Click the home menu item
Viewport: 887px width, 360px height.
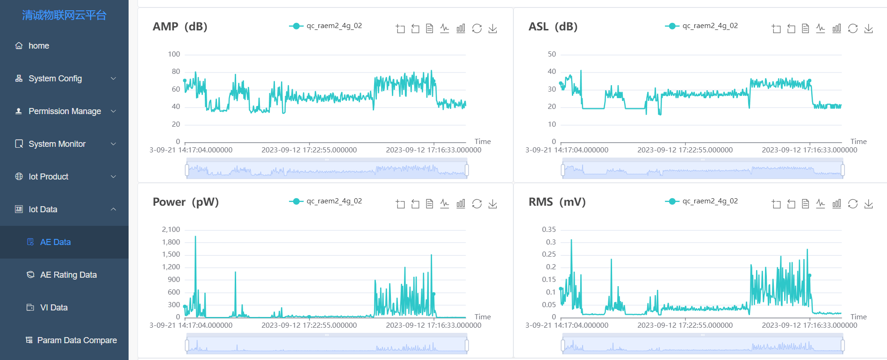pos(38,46)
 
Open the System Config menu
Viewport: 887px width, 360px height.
pos(55,79)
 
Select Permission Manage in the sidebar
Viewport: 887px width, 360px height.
pos(65,111)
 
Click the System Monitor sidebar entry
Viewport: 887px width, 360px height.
pos(57,144)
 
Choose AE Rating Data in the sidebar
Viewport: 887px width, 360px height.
pos(68,275)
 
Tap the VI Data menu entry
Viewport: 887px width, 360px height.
pos(54,308)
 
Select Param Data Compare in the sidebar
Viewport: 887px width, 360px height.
pos(77,340)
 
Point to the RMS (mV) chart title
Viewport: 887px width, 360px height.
pos(557,202)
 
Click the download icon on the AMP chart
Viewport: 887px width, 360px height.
pos(492,29)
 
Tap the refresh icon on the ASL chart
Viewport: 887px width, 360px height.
pos(852,29)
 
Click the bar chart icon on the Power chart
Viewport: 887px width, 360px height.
pos(461,204)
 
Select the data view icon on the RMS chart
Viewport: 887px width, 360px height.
pos(805,204)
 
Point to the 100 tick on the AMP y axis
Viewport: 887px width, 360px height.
pos(174,54)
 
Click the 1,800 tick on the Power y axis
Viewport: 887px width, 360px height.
pos(171,242)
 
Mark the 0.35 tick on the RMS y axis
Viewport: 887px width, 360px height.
pos(549,230)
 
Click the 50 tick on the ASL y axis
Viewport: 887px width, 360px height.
pos(552,54)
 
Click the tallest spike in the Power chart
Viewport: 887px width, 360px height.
pos(195,237)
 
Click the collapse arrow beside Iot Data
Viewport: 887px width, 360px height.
pos(113,209)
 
